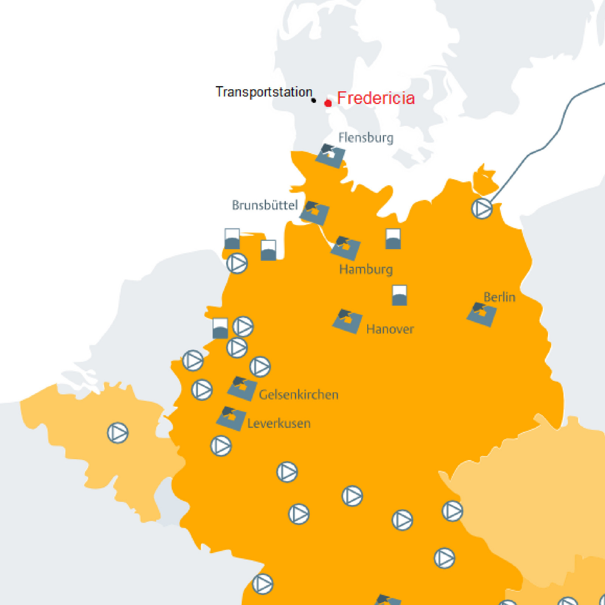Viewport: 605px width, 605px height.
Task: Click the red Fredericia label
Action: coord(375,98)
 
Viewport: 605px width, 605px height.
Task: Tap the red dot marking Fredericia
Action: coord(328,103)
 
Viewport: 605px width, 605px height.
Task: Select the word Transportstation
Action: coord(264,92)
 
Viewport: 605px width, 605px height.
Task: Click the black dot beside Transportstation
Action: coord(313,101)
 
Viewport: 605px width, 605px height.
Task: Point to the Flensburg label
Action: coord(366,138)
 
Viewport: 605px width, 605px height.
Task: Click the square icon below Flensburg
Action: coord(330,155)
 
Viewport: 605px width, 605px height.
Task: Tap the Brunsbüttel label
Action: coord(265,205)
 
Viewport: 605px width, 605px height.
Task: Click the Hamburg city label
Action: coord(366,270)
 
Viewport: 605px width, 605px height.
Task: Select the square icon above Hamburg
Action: coord(345,248)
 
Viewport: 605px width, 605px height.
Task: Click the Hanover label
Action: coord(390,329)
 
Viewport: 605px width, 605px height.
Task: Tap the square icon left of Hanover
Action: coord(347,321)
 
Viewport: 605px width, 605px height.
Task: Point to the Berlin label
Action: coord(499,297)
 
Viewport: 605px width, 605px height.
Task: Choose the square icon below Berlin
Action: coord(481,314)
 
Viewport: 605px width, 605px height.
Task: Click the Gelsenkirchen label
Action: coord(298,395)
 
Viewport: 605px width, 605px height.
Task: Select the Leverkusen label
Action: coord(279,423)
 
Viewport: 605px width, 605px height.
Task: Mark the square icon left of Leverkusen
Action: coord(231,418)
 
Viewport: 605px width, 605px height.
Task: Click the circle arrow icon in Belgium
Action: coord(118,433)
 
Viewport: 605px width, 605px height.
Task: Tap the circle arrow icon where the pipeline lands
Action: coord(482,208)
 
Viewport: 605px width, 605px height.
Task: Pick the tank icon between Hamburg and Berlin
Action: coord(399,295)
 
